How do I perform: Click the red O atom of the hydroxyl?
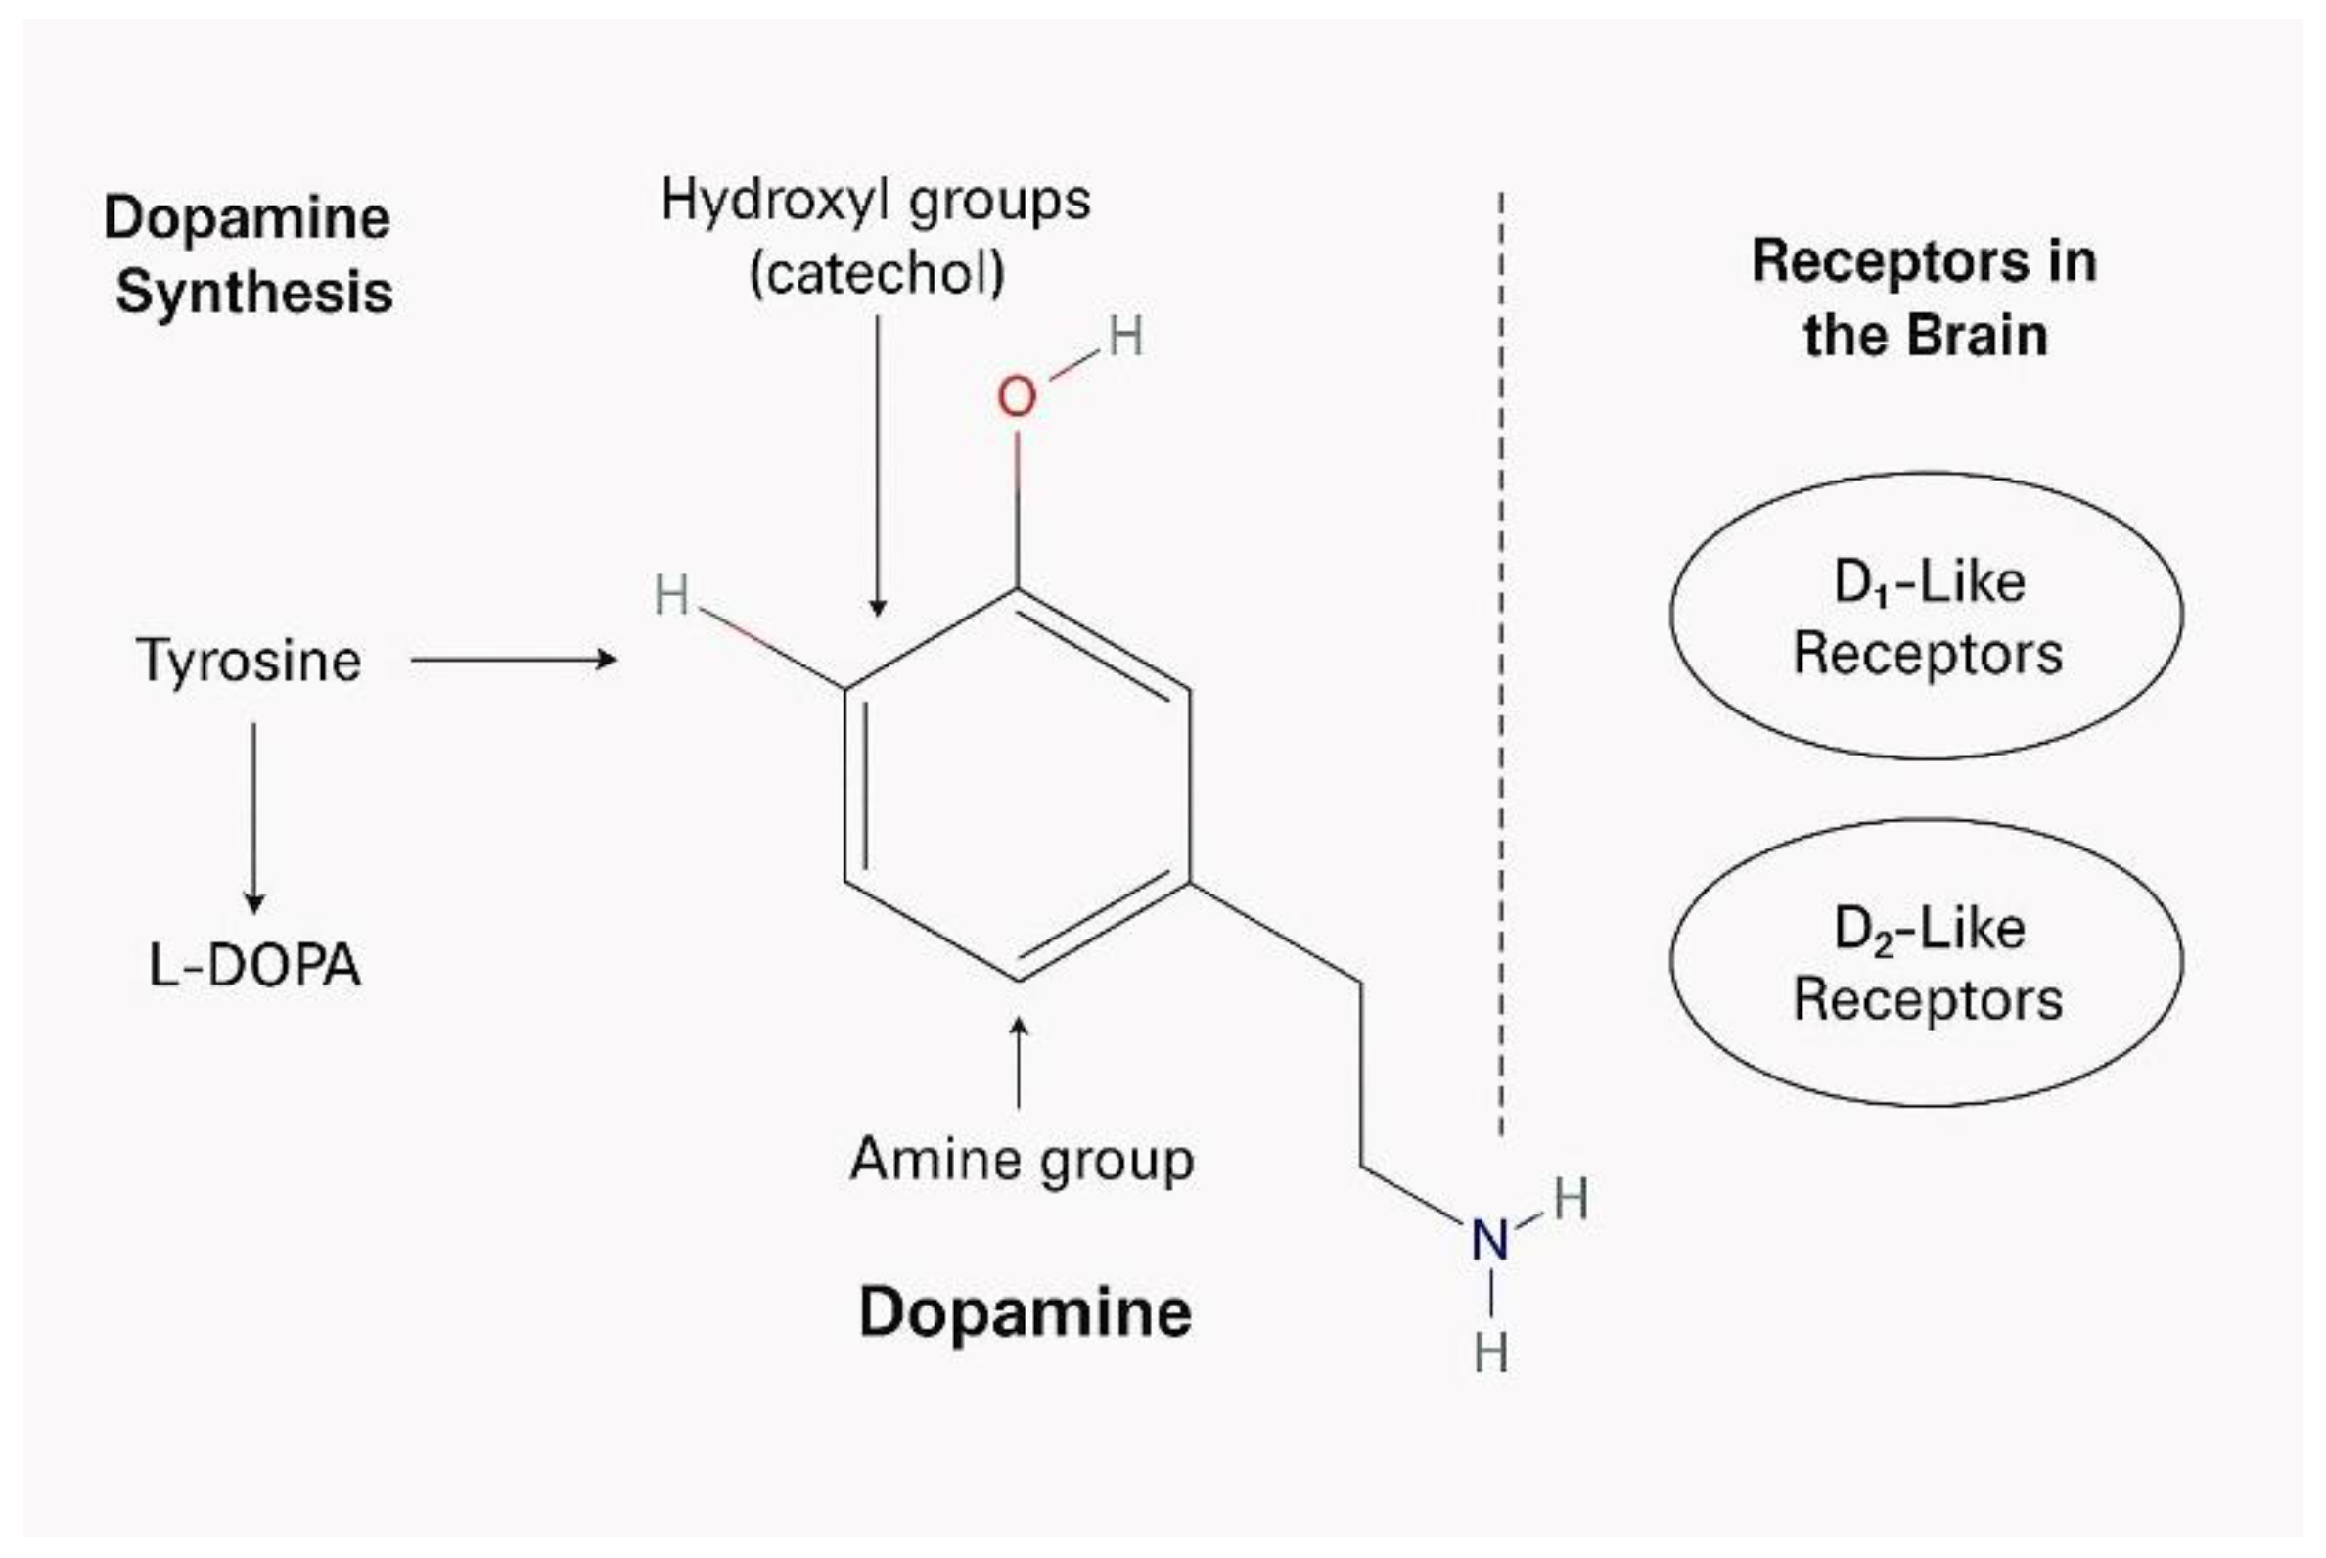pyautogui.click(x=1017, y=397)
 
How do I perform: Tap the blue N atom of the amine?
pyautogui.click(x=1489, y=1240)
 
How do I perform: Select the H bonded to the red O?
pyautogui.click(x=1125, y=336)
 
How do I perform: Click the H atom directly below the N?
pyautogui.click(x=1490, y=1352)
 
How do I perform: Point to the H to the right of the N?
pyautogui.click(x=1571, y=1199)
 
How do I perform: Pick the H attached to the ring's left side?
pyautogui.click(x=671, y=595)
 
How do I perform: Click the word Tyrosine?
pyautogui.click(x=249, y=661)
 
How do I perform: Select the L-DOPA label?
pyautogui.click(x=254, y=965)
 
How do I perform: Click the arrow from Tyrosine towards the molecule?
pyautogui.click(x=513, y=659)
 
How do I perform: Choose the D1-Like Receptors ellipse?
pyautogui.click(x=1927, y=616)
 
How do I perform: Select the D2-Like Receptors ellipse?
pyautogui.click(x=1927, y=963)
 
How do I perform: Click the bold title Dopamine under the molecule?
pyautogui.click(x=1025, y=1312)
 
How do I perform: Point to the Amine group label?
pyautogui.click(x=1022, y=1160)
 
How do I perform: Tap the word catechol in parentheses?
pyautogui.click(x=877, y=273)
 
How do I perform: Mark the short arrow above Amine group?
pyautogui.click(x=1019, y=1062)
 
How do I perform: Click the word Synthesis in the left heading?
pyautogui.click(x=254, y=292)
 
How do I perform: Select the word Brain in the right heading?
pyautogui.click(x=1978, y=335)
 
